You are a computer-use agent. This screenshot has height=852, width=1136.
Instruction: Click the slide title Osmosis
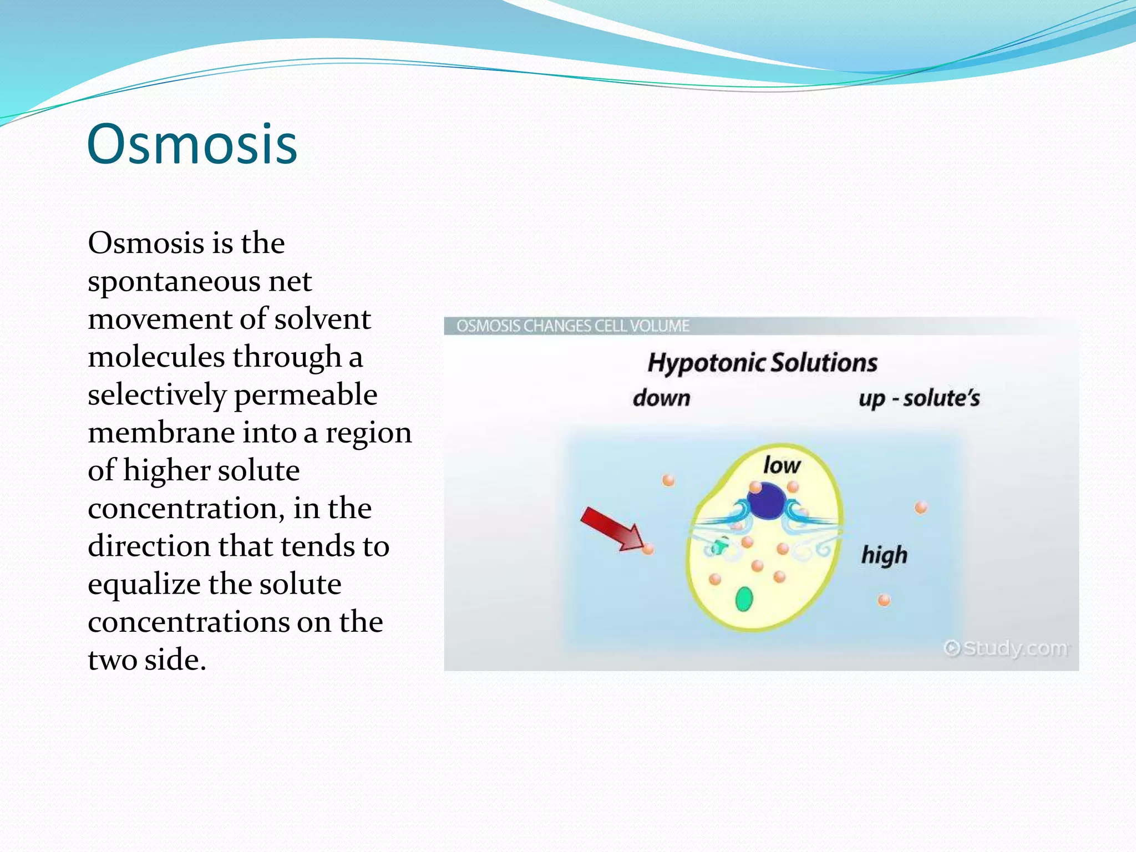[x=192, y=145]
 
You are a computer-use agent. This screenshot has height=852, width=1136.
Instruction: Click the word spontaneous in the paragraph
[x=174, y=282]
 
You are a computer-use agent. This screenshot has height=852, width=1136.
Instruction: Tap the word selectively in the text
[x=157, y=395]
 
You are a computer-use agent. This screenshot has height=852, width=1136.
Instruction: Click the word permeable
[x=306, y=395]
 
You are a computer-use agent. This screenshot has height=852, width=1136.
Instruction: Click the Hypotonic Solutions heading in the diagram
[x=762, y=363]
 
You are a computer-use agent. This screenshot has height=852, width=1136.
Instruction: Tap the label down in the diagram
[x=661, y=398]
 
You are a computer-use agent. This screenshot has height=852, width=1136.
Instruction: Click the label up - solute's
[x=919, y=398]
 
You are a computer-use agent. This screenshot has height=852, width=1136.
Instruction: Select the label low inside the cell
[x=782, y=465]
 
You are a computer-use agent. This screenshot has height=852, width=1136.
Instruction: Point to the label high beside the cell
[x=884, y=555]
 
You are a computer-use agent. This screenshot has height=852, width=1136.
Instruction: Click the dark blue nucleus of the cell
[x=765, y=501]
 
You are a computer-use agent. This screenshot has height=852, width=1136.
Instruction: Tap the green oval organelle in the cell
[x=744, y=599]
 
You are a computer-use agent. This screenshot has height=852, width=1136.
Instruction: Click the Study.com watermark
[x=1007, y=648]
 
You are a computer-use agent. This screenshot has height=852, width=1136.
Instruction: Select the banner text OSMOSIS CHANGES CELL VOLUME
[x=572, y=326]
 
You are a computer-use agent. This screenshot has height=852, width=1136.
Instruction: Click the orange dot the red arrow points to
[x=648, y=549]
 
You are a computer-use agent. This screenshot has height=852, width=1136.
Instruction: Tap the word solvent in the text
[x=322, y=319]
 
